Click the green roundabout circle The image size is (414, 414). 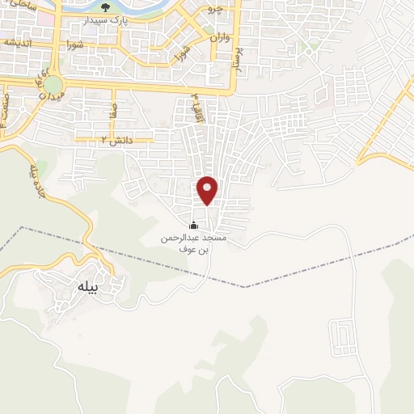point(53,85)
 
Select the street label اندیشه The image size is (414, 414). point(18,42)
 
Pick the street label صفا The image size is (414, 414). point(116,108)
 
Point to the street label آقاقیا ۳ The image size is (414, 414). point(196,106)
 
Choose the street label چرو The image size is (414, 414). point(213,10)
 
